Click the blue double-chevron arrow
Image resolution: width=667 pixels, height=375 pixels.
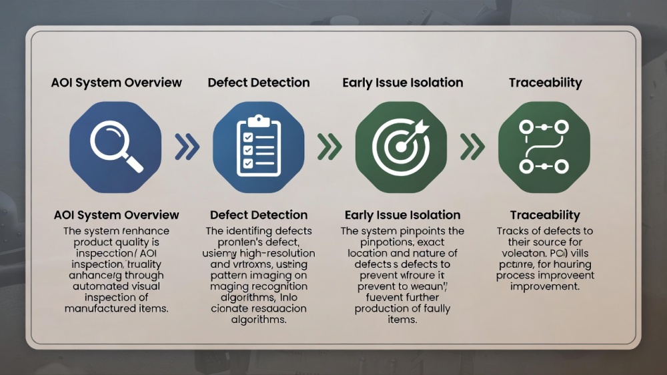(187, 147)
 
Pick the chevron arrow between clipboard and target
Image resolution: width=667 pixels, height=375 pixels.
(329, 147)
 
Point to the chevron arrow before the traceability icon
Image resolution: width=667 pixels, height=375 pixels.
(473, 147)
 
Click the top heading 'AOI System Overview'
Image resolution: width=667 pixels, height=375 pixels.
(117, 83)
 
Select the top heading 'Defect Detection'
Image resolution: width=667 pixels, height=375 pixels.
(259, 83)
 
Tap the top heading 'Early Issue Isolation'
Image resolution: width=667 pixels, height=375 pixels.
(403, 83)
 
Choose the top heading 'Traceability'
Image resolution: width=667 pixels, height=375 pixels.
(546, 83)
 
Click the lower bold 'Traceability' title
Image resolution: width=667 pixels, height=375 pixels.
(545, 215)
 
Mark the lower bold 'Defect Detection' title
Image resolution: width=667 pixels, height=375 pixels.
(259, 215)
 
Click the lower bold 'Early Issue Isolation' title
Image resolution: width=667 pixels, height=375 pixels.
(403, 215)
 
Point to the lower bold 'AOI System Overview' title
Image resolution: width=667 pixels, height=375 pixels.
(117, 215)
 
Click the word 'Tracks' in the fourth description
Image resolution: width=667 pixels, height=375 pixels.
(513, 231)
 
